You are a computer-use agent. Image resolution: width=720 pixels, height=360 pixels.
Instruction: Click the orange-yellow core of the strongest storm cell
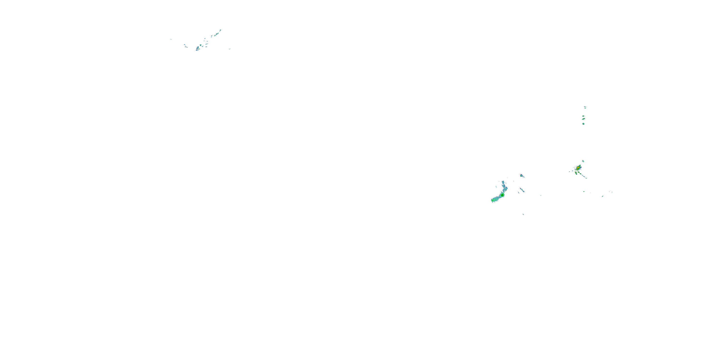pos(577,168)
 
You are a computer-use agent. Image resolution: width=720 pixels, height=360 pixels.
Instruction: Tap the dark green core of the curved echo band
pos(502,195)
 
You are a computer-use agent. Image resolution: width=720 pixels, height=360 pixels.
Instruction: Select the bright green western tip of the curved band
pos(492,200)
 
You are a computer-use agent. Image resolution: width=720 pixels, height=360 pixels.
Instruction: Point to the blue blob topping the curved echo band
pos(503,182)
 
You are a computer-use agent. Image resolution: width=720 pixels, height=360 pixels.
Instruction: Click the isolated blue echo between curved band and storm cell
pos(521,175)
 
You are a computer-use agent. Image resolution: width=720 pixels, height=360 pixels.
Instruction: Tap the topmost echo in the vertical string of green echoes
pos(585,107)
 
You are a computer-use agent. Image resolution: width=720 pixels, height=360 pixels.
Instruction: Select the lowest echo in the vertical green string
pos(583,124)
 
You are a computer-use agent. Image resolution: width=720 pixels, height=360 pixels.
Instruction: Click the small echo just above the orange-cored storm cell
pos(583,161)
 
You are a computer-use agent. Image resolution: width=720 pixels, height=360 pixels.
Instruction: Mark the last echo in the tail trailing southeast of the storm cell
pos(586,178)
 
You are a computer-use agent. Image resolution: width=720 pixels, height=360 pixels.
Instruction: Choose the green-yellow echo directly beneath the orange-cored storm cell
pos(576,173)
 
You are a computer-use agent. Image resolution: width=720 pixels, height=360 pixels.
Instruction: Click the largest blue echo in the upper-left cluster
pos(198,48)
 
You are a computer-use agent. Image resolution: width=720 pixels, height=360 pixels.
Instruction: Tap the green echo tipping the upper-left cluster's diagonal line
pos(220,30)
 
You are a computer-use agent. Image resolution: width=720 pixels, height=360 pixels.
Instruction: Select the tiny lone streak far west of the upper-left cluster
pos(171,39)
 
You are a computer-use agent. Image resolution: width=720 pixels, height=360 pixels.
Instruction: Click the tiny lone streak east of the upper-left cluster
pos(230,49)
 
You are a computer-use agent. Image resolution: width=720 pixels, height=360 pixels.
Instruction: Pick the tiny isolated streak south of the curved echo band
pos(523,214)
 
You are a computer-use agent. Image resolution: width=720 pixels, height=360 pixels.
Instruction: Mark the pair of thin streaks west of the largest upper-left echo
pos(185,45)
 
